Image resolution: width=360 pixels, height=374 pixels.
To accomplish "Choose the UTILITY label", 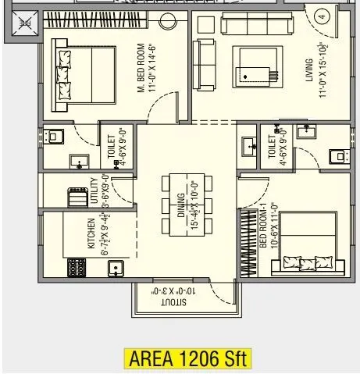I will click(x=94, y=191).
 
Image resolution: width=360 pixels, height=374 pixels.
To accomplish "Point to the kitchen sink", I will click(x=116, y=269).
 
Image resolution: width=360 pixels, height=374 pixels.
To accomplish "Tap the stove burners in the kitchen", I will click(x=78, y=268).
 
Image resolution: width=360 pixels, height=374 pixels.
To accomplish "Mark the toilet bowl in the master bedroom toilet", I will click(x=54, y=137).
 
